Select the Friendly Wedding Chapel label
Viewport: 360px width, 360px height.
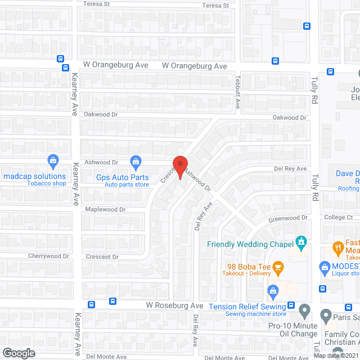(x=250, y=244)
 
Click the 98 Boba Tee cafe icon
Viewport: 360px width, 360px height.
(x=278, y=265)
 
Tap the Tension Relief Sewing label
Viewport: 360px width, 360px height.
(x=247, y=306)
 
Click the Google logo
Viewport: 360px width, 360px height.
(x=18, y=353)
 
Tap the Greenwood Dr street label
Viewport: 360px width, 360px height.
(x=289, y=217)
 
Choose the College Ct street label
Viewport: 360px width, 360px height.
(x=337, y=217)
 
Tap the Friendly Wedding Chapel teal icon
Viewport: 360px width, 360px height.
(x=301, y=243)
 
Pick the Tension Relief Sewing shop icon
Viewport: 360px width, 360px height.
(x=273, y=291)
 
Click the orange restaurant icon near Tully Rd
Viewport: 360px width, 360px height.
(x=337, y=247)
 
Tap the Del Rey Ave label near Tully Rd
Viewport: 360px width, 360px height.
(x=291, y=169)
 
